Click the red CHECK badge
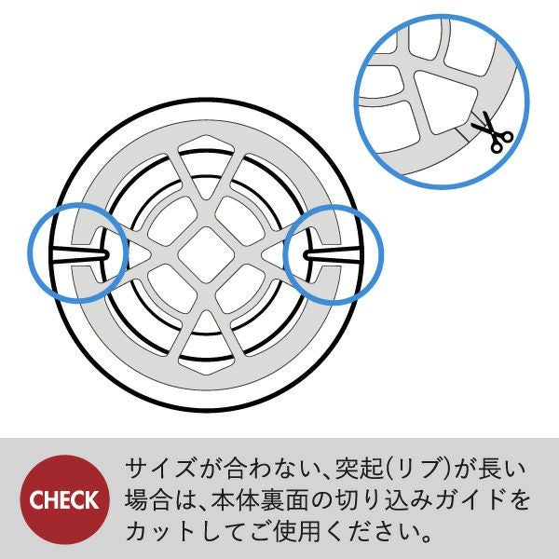(64, 499)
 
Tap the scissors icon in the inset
(492, 132)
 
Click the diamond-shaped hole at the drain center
(206, 255)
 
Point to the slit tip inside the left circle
(108, 254)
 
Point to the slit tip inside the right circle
(306, 255)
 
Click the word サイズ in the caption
(161, 468)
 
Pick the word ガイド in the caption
(469, 499)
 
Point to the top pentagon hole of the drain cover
(206, 145)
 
